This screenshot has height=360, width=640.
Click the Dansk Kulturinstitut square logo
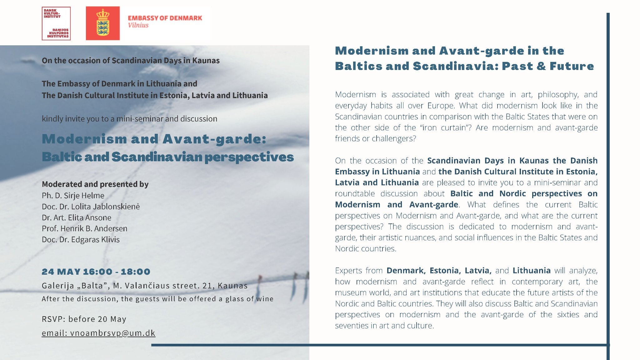(x=56, y=23)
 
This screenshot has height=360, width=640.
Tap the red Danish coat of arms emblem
(x=103, y=23)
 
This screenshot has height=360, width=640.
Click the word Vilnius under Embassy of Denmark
(x=138, y=25)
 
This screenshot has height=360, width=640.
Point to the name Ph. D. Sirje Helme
(x=73, y=196)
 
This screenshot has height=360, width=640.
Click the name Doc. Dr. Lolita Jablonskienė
(x=91, y=207)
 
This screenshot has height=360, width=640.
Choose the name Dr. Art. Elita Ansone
(x=77, y=217)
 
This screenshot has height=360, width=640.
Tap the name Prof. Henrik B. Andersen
(x=85, y=228)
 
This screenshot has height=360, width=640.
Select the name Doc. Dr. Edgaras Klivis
(x=81, y=239)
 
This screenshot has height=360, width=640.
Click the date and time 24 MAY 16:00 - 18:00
(x=96, y=272)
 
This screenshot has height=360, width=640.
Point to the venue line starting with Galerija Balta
(x=145, y=286)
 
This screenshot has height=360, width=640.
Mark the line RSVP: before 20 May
(x=84, y=319)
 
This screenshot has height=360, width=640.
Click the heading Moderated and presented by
(x=95, y=184)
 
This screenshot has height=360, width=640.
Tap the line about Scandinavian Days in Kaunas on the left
(x=131, y=60)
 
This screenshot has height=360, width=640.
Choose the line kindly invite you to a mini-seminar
(x=129, y=119)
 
